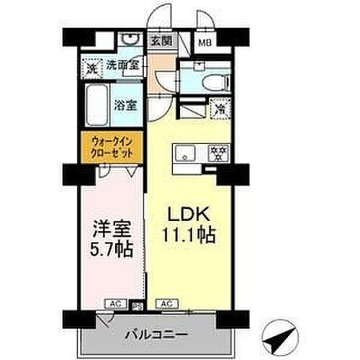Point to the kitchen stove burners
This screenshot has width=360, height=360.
coord(217,153)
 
